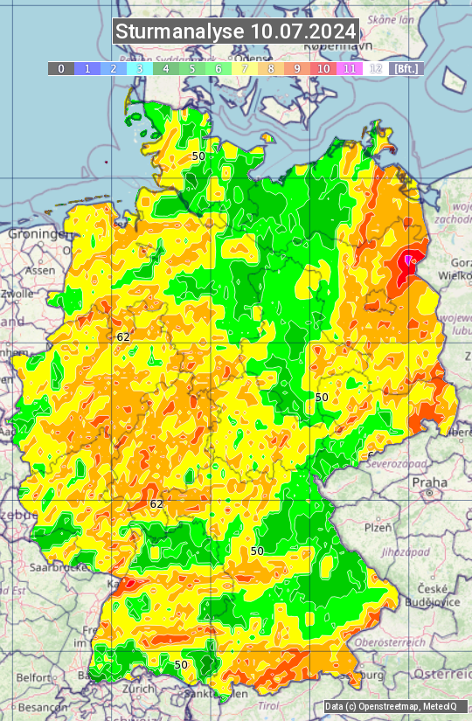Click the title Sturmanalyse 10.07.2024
click(236, 31)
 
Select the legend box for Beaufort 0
click(60, 68)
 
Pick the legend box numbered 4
click(166, 68)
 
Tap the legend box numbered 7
click(245, 68)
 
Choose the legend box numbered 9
click(297, 68)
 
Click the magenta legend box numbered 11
click(350, 68)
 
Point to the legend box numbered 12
click(376, 68)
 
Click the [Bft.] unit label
click(406, 68)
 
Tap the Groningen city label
click(35, 234)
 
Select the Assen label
click(40, 271)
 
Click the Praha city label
click(430, 482)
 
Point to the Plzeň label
click(378, 528)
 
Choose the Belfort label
click(34, 678)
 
